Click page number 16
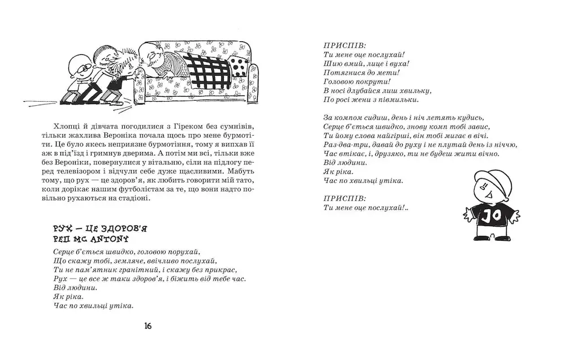pos(147,326)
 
